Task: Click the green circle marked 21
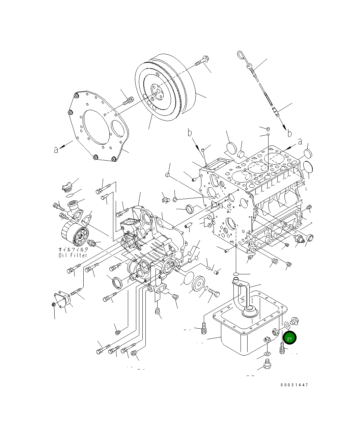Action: click(289, 338)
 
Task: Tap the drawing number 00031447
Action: click(294, 385)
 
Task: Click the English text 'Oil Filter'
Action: click(73, 255)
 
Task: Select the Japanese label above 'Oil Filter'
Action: click(73, 249)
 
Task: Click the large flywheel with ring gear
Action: click(165, 88)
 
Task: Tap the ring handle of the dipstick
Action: click(240, 55)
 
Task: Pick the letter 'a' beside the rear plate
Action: click(56, 149)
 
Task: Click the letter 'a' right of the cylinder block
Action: click(300, 142)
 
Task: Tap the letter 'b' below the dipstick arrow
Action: click(289, 134)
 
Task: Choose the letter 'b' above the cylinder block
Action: click(190, 133)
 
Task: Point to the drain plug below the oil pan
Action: click(267, 365)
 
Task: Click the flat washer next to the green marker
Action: click(287, 325)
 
